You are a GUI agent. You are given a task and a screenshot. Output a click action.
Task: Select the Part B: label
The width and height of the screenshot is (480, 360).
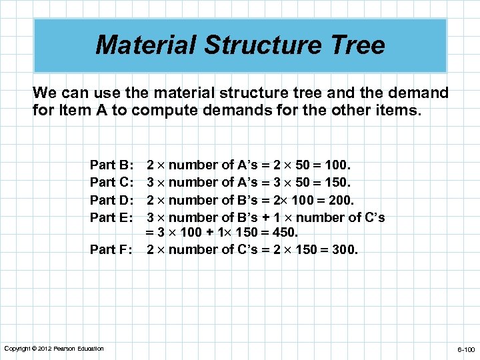(113, 165)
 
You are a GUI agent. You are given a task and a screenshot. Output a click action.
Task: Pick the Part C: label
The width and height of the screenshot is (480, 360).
(113, 182)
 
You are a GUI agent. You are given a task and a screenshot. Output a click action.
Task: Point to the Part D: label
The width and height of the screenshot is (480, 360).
(113, 200)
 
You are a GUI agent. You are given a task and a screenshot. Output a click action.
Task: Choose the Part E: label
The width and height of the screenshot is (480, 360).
(113, 217)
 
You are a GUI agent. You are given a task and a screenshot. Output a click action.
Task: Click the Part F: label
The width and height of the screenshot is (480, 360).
(113, 250)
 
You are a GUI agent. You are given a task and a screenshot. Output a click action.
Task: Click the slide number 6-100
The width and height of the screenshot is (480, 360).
(465, 349)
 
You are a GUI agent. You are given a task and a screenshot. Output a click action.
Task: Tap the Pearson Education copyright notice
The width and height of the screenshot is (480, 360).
(54, 349)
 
